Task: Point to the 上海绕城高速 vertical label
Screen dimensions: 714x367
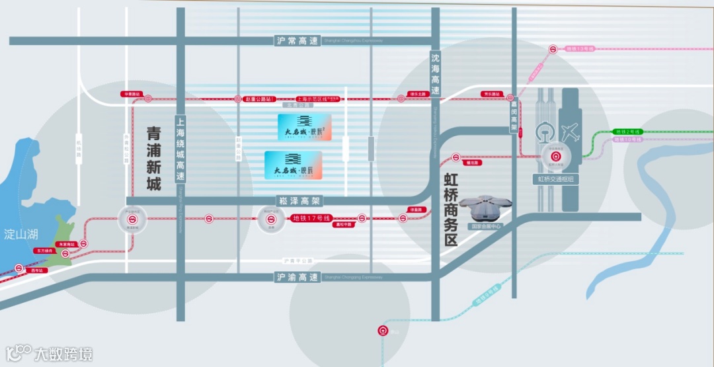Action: pyautogui.click(x=180, y=149)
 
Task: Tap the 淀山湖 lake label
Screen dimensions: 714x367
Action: pyautogui.click(x=19, y=234)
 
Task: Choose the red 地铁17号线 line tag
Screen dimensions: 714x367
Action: pyautogui.click(x=311, y=218)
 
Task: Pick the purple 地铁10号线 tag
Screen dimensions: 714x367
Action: pyautogui.click(x=628, y=140)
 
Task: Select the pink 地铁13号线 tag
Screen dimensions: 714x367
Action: pyautogui.click(x=580, y=49)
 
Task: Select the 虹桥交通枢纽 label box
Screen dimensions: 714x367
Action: pyautogui.click(x=555, y=179)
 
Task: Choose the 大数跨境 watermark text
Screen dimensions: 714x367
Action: pyautogui.click(x=63, y=354)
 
